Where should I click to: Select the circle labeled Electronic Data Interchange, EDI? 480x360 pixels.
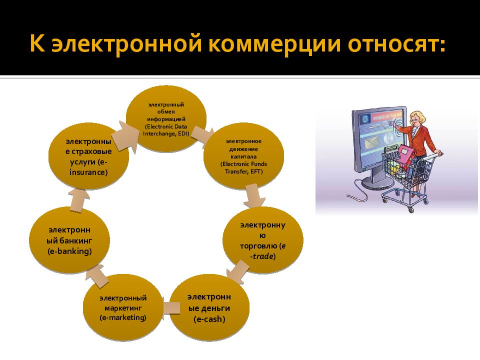tap(165, 118)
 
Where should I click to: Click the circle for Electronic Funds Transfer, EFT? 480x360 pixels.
tap(243, 156)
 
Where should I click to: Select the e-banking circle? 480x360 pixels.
tap(69, 240)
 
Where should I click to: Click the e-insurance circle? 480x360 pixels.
tap(88, 156)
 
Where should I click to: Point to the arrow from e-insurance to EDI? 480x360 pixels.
tap(125, 132)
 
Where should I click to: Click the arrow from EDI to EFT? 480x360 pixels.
tap(202, 134)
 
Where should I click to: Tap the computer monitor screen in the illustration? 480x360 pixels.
tap(378, 140)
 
